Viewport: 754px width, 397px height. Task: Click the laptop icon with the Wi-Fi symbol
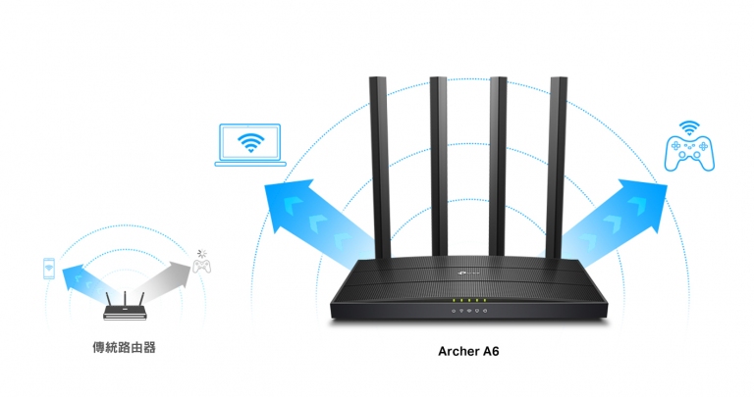click(x=250, y=145)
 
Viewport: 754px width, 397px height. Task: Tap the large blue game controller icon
click(x=689, y=153)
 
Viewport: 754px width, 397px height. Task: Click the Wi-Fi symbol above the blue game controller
click(x=689, y=128)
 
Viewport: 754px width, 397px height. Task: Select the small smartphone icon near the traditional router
click(x=48, y=269)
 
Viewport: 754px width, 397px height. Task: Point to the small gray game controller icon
click(x=201, y=266)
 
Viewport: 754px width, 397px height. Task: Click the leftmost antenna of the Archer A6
click(x=379, y=168)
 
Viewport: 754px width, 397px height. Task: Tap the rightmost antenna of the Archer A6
click(x=558, y=168)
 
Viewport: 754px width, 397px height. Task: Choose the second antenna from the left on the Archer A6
click(x=439, y=167)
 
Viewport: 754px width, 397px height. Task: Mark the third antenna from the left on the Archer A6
click(x=498, y=167)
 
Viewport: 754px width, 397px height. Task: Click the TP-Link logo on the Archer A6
click(x=467, y=273)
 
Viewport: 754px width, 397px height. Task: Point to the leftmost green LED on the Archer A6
click(x=454, y=301)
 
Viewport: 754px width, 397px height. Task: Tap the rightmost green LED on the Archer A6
click(x=485, y=301)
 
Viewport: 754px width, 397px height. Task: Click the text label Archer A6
click(x=469, y=351)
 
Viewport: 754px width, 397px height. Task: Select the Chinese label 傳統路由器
click(x=124, y=348)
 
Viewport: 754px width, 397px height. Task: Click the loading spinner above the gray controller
click(x=202, y=253)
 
